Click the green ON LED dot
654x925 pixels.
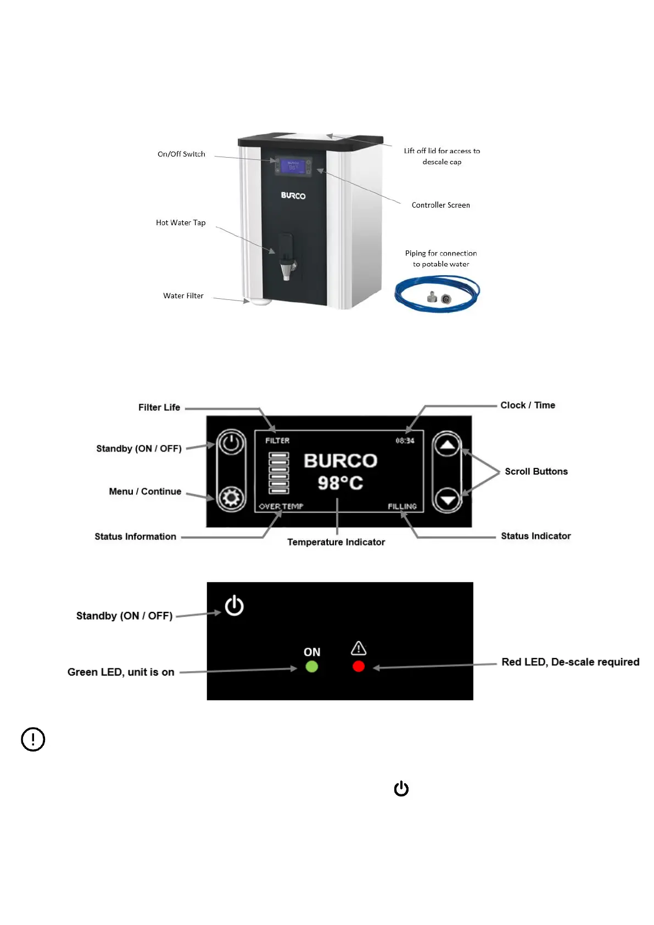pos(311,667)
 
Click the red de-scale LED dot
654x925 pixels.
pos(359,667)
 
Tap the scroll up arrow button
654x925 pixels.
pos(448,445)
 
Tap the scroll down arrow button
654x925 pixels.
pos(448,499)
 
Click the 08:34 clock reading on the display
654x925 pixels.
pos(405,441)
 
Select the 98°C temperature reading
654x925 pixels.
pos(340,483)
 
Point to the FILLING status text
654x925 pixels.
pos(402,506)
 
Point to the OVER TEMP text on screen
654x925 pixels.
pos(281,506)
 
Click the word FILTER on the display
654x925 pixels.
pos(277,441)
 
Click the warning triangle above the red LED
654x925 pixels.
pos(359,648)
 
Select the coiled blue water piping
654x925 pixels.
pos(437,294)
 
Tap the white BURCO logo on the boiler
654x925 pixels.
pos(293,196)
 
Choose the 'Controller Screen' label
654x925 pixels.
pos(440,205)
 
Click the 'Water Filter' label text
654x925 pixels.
pos(183,296)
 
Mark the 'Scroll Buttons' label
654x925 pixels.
pos(536,471)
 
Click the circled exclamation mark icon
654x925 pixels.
pos(33,739)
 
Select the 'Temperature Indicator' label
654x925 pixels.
pos(336,542)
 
